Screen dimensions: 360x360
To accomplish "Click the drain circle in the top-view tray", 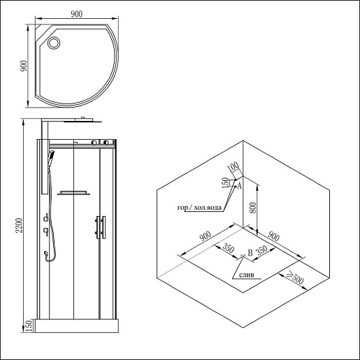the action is click(54, 43).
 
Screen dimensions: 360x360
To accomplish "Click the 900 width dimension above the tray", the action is click(77, 14).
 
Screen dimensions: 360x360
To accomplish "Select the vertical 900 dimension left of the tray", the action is click(24, 66).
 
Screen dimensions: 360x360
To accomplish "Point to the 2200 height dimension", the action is click(19, 225).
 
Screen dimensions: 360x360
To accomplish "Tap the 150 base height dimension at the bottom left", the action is click(28, 326).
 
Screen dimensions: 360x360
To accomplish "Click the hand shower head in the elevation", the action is click(51, 156).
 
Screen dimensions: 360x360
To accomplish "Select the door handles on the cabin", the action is click(100, 227).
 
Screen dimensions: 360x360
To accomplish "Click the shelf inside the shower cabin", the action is click(73, 193).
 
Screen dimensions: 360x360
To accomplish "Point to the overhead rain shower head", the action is click(83, 120).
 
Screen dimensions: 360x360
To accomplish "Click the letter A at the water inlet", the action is click(239, 186).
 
